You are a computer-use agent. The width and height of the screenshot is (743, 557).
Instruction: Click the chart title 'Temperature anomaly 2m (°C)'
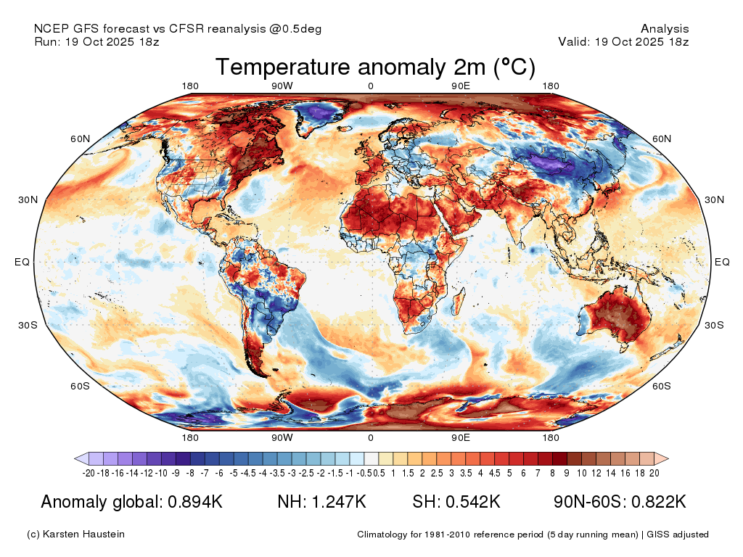point(375,67)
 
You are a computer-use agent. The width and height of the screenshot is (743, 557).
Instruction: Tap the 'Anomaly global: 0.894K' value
point(132,502)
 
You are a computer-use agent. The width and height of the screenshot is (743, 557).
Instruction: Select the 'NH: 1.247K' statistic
point(321,502)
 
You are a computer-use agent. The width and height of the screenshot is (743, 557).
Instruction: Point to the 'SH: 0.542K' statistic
point(456,502)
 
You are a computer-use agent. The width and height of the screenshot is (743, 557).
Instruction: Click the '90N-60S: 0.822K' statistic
point(620,502)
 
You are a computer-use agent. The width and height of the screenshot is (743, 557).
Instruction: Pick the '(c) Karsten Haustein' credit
point(75,535)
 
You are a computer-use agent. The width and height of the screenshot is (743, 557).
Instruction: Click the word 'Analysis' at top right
point(665,29)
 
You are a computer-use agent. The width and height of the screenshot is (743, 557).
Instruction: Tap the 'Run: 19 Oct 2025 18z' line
point(97,41)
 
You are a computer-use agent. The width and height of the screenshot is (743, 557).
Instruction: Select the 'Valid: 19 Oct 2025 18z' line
point(623,41)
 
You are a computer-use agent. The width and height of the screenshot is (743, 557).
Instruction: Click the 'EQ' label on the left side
point(22,262)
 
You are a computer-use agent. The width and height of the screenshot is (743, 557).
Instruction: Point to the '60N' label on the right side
point(662,139)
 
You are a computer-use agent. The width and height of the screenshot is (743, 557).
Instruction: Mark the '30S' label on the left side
point(28,325)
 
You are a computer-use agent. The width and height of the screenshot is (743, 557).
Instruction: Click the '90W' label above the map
point(282,86)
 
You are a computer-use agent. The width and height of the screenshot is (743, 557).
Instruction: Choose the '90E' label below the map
point(461,437)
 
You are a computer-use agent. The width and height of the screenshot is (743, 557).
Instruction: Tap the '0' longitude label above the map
point(371,86)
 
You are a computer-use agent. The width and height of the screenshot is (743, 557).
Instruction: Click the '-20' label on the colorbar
point(89,473)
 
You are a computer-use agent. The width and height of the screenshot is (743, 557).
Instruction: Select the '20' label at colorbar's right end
point(654,473)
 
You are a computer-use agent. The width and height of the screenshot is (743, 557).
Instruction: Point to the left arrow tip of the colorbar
point(75,458)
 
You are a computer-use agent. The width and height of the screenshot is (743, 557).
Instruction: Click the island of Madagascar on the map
point(459,300)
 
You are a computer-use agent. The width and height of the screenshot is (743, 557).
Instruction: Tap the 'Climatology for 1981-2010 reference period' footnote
point(450,535)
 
